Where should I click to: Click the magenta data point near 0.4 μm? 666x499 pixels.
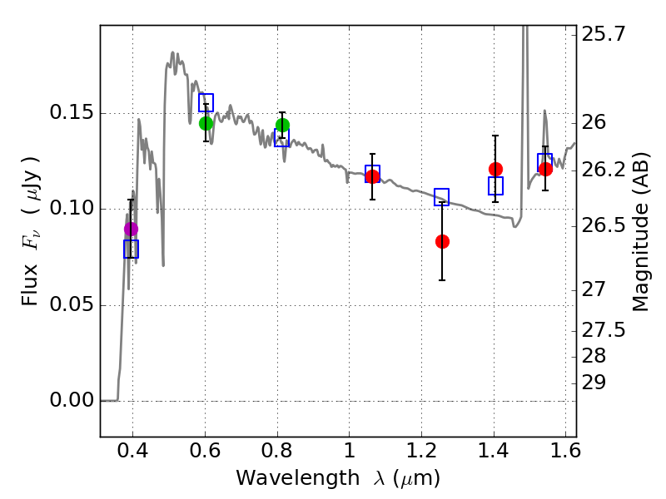pos(131,229)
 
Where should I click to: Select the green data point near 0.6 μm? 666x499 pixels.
pos(206,123)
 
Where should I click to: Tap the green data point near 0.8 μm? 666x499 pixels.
pos(282,126)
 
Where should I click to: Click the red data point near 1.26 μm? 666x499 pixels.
pos(442,241)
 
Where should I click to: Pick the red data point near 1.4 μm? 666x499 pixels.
pos(495,169)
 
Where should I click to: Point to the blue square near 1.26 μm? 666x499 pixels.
pos(441,196)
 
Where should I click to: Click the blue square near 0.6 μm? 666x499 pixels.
pos(206,102)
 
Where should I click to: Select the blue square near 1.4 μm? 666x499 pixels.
pos(495,186)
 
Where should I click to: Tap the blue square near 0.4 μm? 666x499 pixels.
pos(131,249)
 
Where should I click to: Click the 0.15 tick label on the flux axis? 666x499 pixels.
pos(72,113)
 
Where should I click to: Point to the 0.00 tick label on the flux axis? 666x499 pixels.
pos(72,401)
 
